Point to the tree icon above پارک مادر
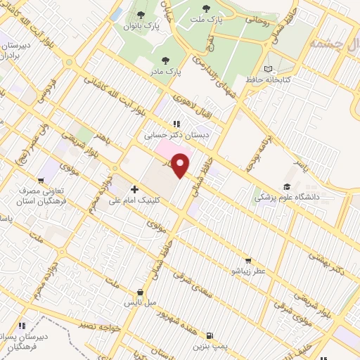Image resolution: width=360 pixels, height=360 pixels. pos(165,60)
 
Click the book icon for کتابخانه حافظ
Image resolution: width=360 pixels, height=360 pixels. pos(266,68)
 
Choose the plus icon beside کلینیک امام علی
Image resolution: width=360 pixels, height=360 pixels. pos(134,189)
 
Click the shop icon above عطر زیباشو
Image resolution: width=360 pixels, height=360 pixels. pos(247,259)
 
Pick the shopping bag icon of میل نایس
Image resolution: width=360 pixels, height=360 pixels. pos(140,292)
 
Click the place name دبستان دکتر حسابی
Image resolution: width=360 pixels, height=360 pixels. pos(167,132)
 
